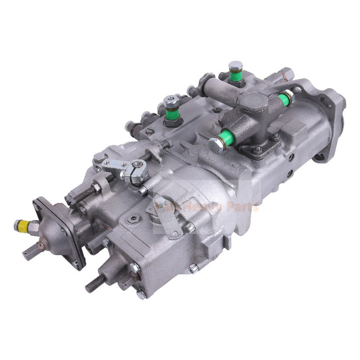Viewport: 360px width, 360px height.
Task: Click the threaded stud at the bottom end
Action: (95, 283)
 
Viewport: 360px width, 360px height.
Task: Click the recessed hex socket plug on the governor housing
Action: (132, 219)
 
